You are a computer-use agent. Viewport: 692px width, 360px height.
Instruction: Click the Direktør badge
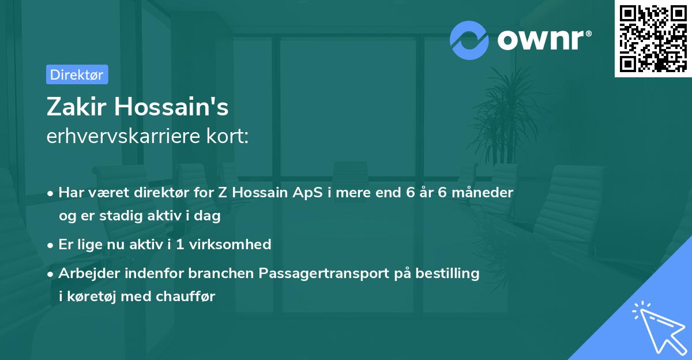click(77, 74)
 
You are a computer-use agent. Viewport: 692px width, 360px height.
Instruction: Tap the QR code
click(653, 39)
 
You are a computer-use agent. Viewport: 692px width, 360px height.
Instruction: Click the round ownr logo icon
click(470, 40)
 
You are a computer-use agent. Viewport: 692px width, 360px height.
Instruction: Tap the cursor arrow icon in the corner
click(657, 327)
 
